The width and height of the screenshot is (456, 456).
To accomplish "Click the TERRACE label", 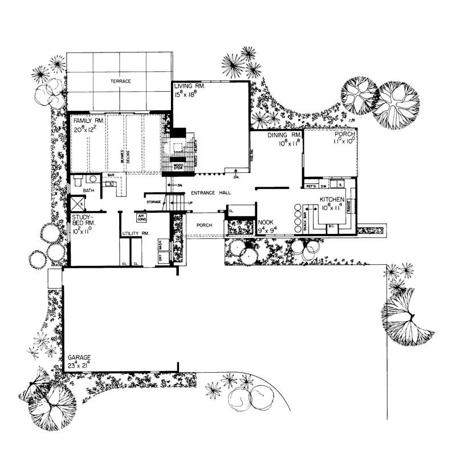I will click(120, 82).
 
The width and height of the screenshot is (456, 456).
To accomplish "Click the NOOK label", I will click(266, 223).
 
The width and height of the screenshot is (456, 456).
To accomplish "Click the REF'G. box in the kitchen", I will click(312, 186).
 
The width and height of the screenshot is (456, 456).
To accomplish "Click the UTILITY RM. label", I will click(135, 233).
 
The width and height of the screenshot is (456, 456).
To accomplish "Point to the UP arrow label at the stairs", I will click(189, 203).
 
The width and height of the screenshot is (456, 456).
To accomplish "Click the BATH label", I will click(88, 191).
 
